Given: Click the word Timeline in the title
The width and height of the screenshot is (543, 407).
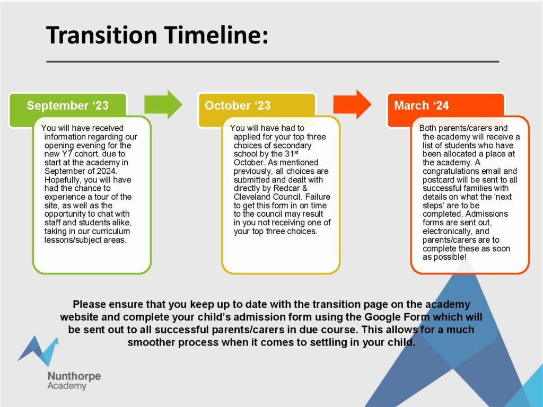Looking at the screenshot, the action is tap(216, 35).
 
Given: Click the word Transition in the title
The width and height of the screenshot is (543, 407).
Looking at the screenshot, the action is tap(102, 35).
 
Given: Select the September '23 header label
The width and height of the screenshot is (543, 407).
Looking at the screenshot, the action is tap(67, 105).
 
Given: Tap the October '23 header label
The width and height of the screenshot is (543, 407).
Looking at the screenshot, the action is tap(238, 105).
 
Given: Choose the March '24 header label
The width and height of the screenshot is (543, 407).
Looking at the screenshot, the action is tap(422, 105).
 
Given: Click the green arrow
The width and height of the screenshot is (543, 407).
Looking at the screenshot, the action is tap(163, 104).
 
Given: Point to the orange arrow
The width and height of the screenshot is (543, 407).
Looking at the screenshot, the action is tap(352, 104).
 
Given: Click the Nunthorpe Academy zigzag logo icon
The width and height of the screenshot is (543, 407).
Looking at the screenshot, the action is tap(38, 351).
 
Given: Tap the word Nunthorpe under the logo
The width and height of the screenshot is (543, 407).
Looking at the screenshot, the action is tap(74, 376).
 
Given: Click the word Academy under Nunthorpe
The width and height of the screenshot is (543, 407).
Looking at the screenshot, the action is tap(67, 386).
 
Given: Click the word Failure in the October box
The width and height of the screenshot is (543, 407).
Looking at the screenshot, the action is tap(318, 197).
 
